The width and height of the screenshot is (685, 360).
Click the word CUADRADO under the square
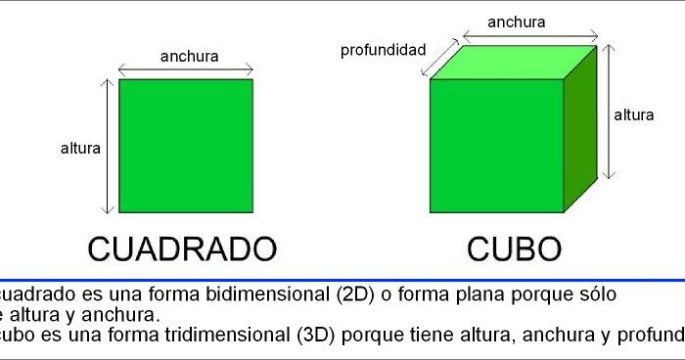coord(182,247)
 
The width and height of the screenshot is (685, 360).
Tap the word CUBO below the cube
coord(514,247)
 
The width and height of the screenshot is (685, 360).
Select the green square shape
coord(186,146)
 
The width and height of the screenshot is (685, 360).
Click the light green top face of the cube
coord(515,63)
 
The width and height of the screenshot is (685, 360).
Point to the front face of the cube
coord(496,146)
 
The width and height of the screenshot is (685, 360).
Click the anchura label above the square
coord(190,56)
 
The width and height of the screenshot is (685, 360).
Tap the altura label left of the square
coord(80,149)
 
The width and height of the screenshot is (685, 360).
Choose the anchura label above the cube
coord(516,22)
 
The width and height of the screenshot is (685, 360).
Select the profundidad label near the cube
coord(383,49)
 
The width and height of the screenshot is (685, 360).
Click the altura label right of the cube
coord(634,114)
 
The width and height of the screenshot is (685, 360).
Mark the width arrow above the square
coord(186,69)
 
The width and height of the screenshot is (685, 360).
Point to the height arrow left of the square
coord(109,147)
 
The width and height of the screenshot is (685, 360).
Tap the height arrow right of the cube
coord(609,111)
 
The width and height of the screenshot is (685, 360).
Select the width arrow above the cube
coord(528,36)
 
